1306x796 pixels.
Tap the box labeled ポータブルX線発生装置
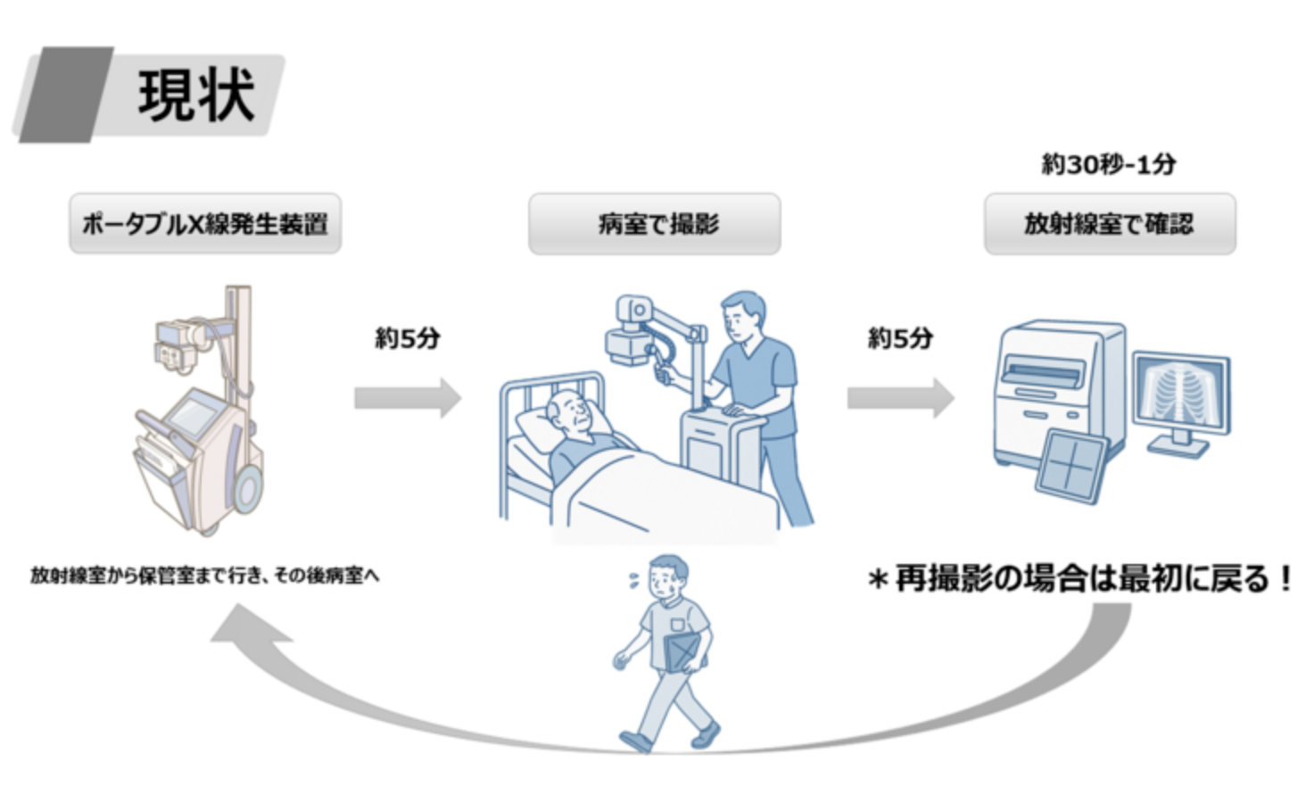(205, 223)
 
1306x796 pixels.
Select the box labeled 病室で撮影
(655, 223)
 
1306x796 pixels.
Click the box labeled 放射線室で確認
(1110, 223)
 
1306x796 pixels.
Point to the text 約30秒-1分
(1109, 164)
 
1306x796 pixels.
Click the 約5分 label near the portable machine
(408, 338)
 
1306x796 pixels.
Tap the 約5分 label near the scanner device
(900, 338)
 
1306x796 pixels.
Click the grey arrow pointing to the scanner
(900, 398)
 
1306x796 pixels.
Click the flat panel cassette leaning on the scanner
(1070, 464)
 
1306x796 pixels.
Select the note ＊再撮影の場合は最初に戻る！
(1080, 579)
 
